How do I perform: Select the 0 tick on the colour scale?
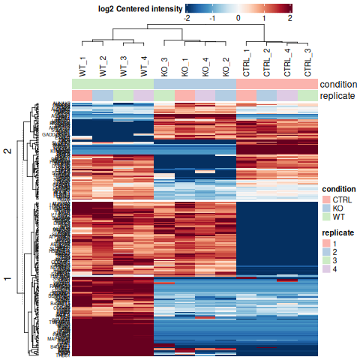pos(238,16)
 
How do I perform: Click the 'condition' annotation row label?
pos(338,84)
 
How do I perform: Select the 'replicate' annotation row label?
pos(337,96)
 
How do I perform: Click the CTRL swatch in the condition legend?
pos(326,199)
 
